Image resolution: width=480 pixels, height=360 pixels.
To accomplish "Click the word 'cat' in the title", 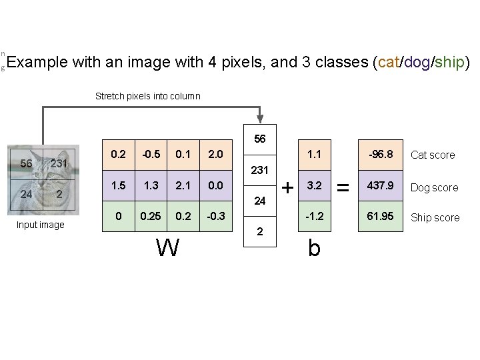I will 387,63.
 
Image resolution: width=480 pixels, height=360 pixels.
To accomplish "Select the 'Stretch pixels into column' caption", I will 147,96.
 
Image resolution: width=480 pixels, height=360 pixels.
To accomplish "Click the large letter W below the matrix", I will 167,248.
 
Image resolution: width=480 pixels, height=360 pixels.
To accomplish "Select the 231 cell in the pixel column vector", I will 260,170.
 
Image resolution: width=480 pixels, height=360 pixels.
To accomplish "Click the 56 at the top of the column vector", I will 260,139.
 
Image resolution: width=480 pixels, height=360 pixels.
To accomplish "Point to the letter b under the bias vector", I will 315,248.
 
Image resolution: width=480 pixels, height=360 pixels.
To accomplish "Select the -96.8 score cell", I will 378,155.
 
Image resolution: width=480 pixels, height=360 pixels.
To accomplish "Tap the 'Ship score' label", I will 435,217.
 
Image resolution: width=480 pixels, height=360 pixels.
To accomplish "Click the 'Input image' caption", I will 41,225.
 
